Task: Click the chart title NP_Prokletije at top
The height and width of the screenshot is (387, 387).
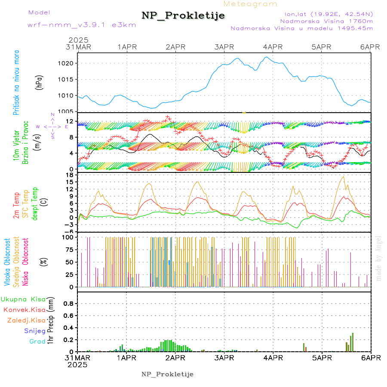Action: pos(183,15)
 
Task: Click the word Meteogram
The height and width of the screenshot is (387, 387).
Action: pos(251,4)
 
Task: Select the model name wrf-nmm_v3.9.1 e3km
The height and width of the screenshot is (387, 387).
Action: pos(82,25)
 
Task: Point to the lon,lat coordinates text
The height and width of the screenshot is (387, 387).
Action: pos(326,14)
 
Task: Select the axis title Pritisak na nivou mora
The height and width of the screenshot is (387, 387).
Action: pos(17,83)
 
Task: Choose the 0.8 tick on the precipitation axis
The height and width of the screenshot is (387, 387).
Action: pos(68,304)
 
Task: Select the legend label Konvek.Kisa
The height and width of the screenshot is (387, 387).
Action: pos(24,310)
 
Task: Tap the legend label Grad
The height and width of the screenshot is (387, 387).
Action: pos(37,341)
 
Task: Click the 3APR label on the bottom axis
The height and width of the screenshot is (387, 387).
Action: pos(224,358)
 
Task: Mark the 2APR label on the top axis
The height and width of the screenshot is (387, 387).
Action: pos(175,46)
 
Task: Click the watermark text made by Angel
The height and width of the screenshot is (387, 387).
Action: pos(378,258)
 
